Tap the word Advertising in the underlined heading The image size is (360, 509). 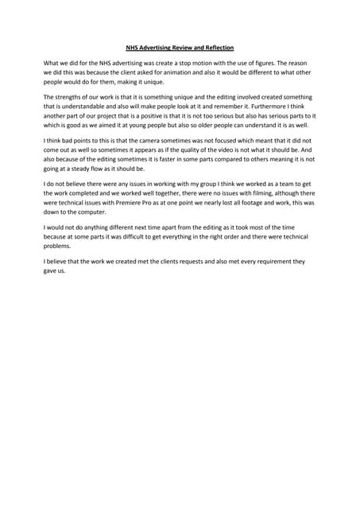[151, 48]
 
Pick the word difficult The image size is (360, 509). [156, 238]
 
